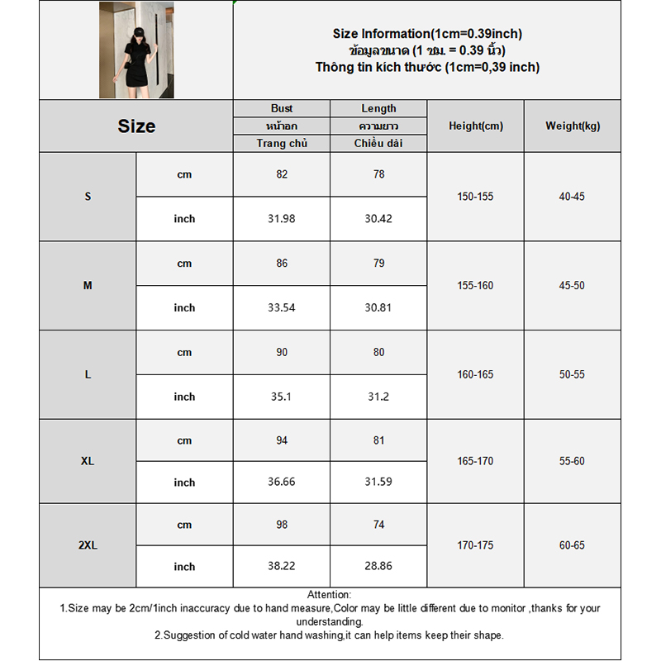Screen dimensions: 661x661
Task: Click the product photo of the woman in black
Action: point(136,50)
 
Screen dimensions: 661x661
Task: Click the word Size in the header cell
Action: point(136,126)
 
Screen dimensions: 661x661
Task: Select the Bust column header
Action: point(282,108)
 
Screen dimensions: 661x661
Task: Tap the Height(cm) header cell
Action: point(475,126)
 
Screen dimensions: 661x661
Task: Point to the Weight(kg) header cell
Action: point(573,126)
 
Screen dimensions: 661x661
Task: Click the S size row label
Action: point(88,197)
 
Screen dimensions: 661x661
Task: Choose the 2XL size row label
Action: point(88,545)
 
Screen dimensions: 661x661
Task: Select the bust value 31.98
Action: point(282,219)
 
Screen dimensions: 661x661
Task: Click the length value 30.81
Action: point(378,307)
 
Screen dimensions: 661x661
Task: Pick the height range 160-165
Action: point(475,374)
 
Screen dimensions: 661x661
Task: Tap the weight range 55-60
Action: point(572,461)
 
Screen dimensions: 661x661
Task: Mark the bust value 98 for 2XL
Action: point(282,525)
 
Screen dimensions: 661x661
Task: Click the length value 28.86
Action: point(378,567)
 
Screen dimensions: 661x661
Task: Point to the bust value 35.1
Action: point(282,397)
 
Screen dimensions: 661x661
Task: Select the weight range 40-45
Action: point(572,197)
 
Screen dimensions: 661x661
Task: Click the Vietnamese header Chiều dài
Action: point(378,144)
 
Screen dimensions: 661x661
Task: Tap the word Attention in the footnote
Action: point(330,595)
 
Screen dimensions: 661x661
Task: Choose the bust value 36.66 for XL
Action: point(282,483)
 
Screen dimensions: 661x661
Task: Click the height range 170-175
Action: point(475,545)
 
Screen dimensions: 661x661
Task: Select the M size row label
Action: point(88,285)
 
